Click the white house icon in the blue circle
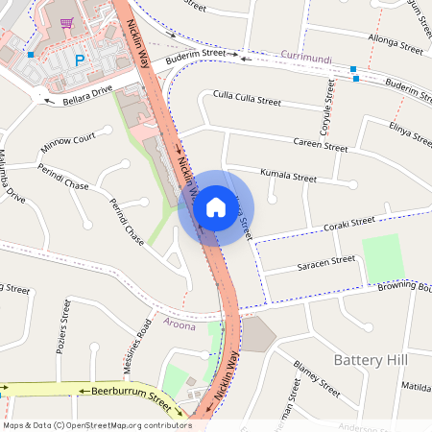point(215,207)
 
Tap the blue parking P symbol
point(80,60)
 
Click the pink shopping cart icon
point(66,23)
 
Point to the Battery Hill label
point(371,359)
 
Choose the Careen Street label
point(321,147)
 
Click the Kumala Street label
point(287,177)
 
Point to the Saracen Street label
point(326,259)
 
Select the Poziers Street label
point(62,324)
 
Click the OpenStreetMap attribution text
point(97,425)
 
